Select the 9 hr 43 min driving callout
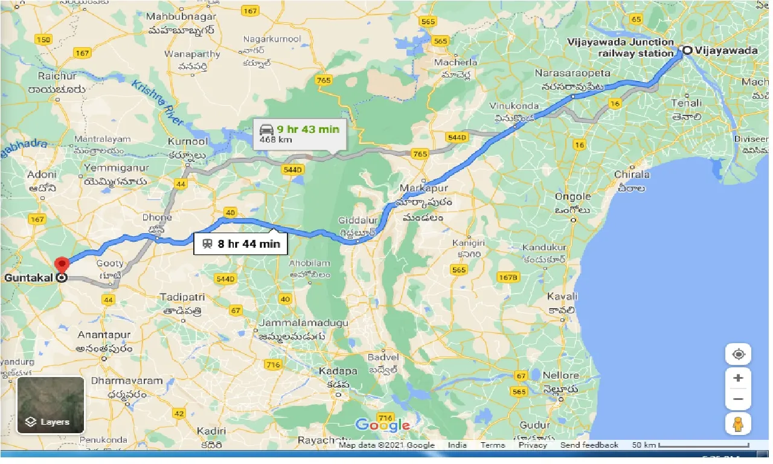click(300, 134)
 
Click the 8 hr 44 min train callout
click(240, 245)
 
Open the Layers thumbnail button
click(51, 405)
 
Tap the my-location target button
click(738, 354)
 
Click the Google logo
click(383, 425)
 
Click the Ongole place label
click(573, 196)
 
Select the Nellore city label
click(560, 375)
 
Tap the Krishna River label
click(158, 103)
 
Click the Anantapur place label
click(107, 334)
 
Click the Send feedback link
click(589, 445)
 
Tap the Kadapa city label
click(338, 371)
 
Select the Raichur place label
click(57, 76)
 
